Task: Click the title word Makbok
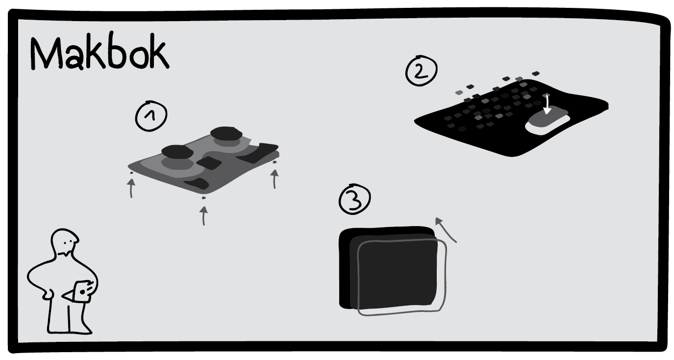(x=100, y=51)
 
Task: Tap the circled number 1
(x=151, y=116)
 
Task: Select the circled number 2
(x=421, y=71)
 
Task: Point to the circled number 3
(x=354, y=199)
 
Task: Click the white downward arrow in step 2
(x=548, y=105)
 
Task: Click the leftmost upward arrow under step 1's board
(x=131, y=188)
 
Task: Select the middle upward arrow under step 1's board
(x=204, y=215)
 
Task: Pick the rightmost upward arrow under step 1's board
(x=274, y=179)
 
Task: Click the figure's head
(x=64, y=241)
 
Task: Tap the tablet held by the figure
(x=82, y=291)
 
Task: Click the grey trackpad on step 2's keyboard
(x=548, y=120)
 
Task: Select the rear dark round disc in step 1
(x=226, y=133)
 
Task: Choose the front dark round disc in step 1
(x=177, y=152)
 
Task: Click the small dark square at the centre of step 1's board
(x=209, y=163)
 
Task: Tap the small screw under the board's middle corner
(x=204, y=198)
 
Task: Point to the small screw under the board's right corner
(x=275, y=162)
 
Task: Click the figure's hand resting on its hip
(x=48, y=294)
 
